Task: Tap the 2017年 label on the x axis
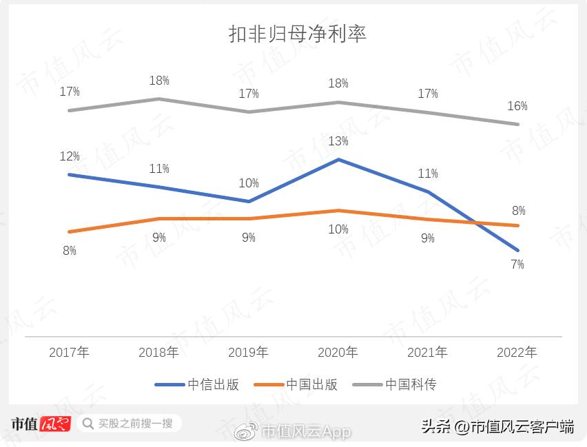(69, 353)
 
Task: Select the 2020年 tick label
(338, 353)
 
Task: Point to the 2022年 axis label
(517, 353)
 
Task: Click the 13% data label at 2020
(338, 141)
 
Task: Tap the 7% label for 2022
(517, 264)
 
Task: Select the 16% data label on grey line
(517, 106)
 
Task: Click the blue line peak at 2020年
(338, 159)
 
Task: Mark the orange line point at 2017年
(69, 232)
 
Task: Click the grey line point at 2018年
(158, 98)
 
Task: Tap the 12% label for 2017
(70, 156)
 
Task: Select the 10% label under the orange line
(338, 229)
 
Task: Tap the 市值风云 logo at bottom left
(40, 424)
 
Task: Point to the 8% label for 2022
(518, 211)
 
